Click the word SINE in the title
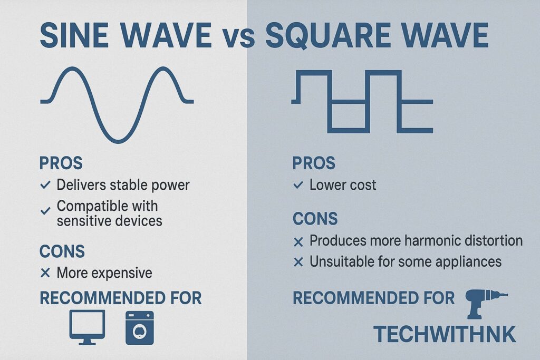[74, 35]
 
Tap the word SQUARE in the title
[328, 35]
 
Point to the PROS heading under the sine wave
[61, 163]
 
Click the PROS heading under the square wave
[314, 163]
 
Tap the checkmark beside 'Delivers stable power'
[45, 185]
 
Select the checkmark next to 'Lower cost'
[298, 185]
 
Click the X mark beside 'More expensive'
[45, 273]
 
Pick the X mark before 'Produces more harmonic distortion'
[298, 242]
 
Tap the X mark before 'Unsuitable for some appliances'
[298, 262]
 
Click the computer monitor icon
[87, 327]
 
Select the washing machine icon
[139, 328]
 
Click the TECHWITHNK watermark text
[445, 334]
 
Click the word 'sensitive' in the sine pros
[82, 221]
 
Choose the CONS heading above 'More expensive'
[62, 251]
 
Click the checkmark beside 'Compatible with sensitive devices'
[45, 211]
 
